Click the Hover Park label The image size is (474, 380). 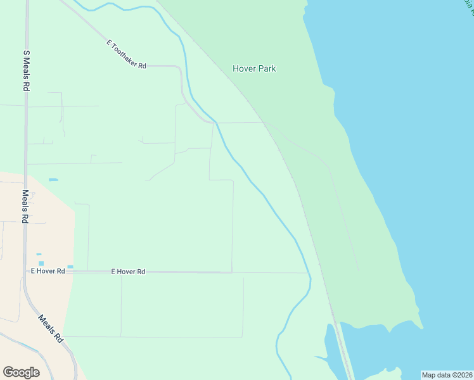pyautogui.click(x=254, y=68)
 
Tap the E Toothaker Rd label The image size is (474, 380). pyautogui.click(x=126, y=54)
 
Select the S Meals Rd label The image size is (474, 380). pyautogui.click(x=27, y=72)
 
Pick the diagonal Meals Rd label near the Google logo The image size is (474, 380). pyautogui.click(x=51, y=329)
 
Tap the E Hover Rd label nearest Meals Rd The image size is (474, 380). pyautogui.click(x=48, y=271)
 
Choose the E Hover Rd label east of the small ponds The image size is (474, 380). pyautogui.click(x=128, y=272)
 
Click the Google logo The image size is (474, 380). pyautogui.click(x=21, y=372)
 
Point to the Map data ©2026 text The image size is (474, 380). pyautogui.click(x=447, y=375)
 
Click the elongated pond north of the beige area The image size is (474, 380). pyautogui.click(x=53, y=180)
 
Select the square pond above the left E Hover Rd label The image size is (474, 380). pyautogui.click(x=41, y=263)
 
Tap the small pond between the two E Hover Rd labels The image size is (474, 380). pyautogui.click(x=70, y=267)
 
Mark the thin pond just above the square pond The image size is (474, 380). pyautogui.click(x=39, y=255)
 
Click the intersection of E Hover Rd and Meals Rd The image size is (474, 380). pyautogui.click(x=25, y=271)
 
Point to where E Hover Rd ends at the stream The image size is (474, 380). pyautogui.click(x=309, y=273)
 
